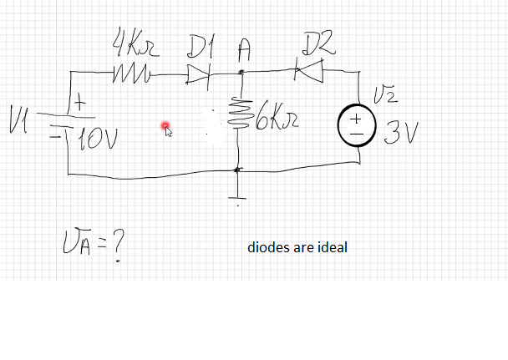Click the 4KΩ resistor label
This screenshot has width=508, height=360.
[x=133, y=42]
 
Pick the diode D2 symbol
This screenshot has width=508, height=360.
[x=311, y=74]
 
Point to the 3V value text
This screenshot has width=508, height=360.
[x=400, y=134]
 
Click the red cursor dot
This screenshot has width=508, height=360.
[x=166, y=127]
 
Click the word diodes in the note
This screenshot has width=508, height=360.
[x=269, y=248]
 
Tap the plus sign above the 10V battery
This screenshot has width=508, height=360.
[x=78, y=103]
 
